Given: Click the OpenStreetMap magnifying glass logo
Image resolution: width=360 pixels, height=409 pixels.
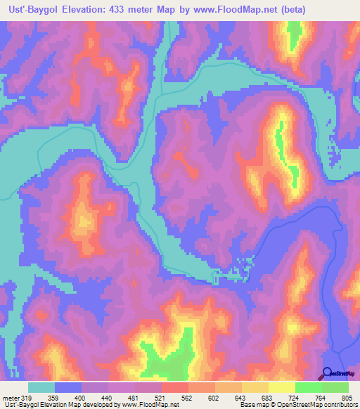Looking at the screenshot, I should tap(328, 374).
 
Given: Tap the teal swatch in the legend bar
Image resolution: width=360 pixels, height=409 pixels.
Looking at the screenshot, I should tap(41, 387).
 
